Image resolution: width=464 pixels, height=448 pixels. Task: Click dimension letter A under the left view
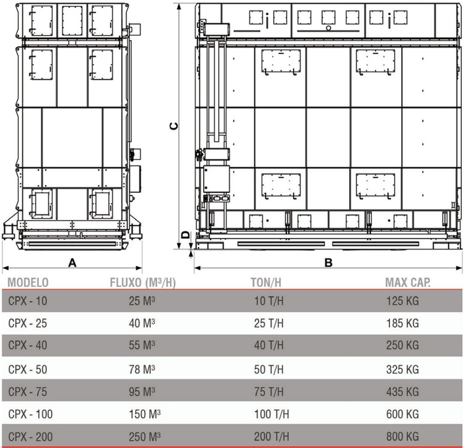pyautogui.click(x=72, y=263)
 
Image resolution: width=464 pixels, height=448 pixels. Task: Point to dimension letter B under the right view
pyautogui.click(x=328, y=263)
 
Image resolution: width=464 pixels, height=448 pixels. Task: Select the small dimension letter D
pyautogui.click(x=185, y=235)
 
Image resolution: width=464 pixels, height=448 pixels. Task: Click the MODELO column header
pyautogui.click(x=28, y=282)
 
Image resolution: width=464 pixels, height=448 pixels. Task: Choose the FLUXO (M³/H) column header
pyautogui.click(x=143, y=282)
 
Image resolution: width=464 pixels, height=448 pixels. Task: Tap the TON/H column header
pyautogui.click(x=266, y=282)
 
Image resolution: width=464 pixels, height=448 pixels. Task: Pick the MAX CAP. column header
pyautogui.click(x=408, y=282)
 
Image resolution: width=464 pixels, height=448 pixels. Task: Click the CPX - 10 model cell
pyautogui.click(x=27, y=301)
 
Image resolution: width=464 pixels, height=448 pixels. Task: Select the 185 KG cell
pyautogui.click(x=403, y=323)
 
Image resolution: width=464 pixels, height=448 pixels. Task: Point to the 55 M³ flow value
pyautogui.click(x=142, y=345)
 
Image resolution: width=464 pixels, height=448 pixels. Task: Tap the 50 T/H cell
pyautogui.click(x=269, y=369)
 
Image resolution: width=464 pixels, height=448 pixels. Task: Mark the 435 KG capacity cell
pyautogui.click(x=403, y=392)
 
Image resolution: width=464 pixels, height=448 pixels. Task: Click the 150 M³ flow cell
pyautogui.click(x=145, y=414)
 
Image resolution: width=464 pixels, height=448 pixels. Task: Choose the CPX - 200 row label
pyautogui.click(x=30, y=437)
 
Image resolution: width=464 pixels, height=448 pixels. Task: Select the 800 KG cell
pyautogui.click(x=403, y=437)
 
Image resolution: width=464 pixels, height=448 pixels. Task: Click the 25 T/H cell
pyautogui.click(x=269, y=323)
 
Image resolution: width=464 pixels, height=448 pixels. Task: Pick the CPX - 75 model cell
pyautogui.click(x=27, y=392)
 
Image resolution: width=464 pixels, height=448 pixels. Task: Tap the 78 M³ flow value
pyautogui.click(x=142, y=369)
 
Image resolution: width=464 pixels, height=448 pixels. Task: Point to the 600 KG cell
pyautogui.click(x=403, y=414)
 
